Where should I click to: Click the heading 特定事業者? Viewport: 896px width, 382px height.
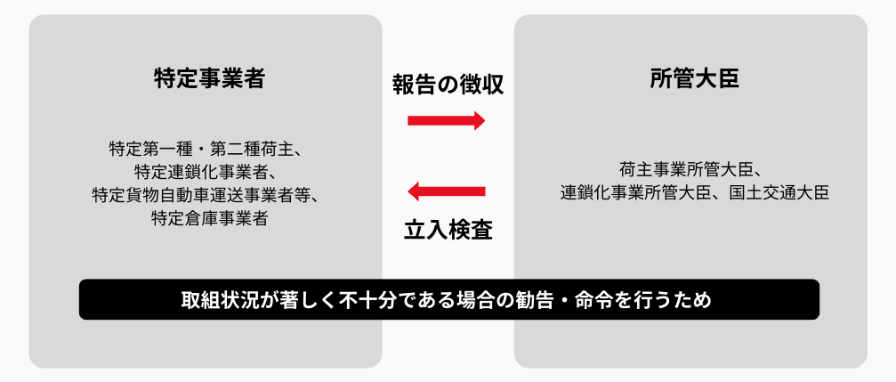click(x=209, y=79)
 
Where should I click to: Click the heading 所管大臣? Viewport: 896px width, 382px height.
click(x=694, y=79)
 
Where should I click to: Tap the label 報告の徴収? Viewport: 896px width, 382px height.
click(x=448, y=84)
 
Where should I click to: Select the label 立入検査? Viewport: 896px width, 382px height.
click(x=448, y=230)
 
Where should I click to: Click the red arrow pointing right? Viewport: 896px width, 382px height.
click(x=447, y=121)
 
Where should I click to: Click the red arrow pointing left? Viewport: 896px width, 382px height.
click(x=447, y=191)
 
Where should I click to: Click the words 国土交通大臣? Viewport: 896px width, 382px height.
click(x=779, y=192)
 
